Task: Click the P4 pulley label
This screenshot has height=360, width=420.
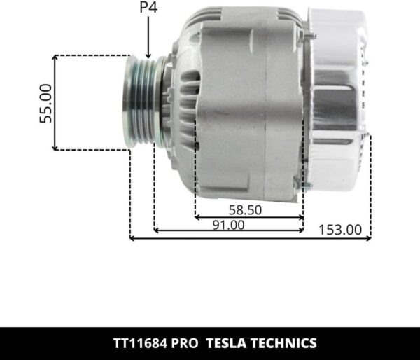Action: click(148, 9)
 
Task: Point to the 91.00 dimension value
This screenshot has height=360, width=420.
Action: click(228, 225)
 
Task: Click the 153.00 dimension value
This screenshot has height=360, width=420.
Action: click(340, 229)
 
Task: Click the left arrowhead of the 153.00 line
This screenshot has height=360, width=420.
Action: click(133, 240)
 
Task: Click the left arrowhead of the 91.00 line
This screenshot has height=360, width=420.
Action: click(156, 230)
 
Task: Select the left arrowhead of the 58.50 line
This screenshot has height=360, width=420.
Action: click(197, 217)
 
